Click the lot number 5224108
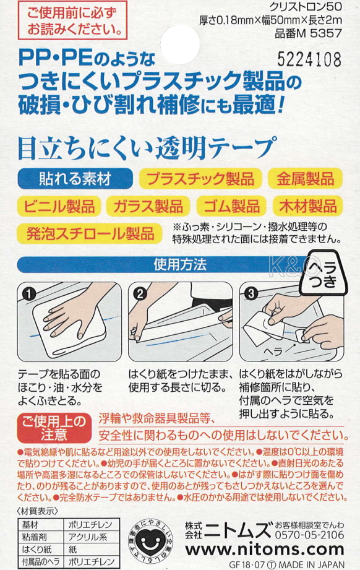[x=309, y=59]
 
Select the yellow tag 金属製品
[x=305, y=179]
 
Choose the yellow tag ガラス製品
[x=148, y=207]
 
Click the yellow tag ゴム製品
[x=232, y=207]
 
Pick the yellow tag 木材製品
[x=308, y=207]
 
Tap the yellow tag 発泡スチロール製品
[x=90, y=233]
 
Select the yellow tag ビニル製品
[x=59, y=207]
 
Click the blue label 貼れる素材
[x=75, y=179]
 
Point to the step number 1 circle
[x=28, y=293]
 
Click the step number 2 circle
[x=140, y=293]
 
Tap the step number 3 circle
[x=251, y=293]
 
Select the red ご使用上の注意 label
[x=54, y=428]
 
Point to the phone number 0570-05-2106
[x=309, y=535]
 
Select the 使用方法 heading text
[x=180, y=264]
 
